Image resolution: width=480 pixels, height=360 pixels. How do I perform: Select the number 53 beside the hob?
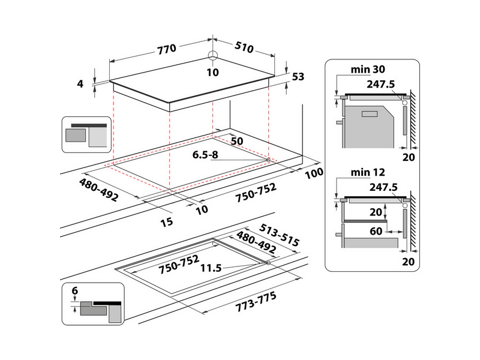coord(298,76)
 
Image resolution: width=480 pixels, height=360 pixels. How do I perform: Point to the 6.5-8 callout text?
coord(206,154)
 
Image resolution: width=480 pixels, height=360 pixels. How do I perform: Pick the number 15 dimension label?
coord(167,222)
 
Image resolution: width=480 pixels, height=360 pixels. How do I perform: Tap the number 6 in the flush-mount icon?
coord(74,291)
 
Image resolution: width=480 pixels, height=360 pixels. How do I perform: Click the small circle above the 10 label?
coord(212,56)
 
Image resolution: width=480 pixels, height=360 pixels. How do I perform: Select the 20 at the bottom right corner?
coord(409,262)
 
